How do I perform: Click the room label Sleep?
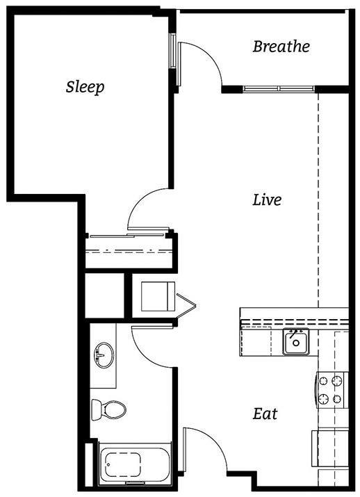click(85, 87)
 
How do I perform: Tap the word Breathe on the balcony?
click(281, 47)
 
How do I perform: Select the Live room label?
click(267, 200)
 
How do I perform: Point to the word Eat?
click(265, 414)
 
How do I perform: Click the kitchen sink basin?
click(295, 342)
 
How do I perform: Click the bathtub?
click(131, 462)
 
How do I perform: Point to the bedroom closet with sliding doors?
click(129, 250)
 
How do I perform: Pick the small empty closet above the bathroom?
click(104, 295)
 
